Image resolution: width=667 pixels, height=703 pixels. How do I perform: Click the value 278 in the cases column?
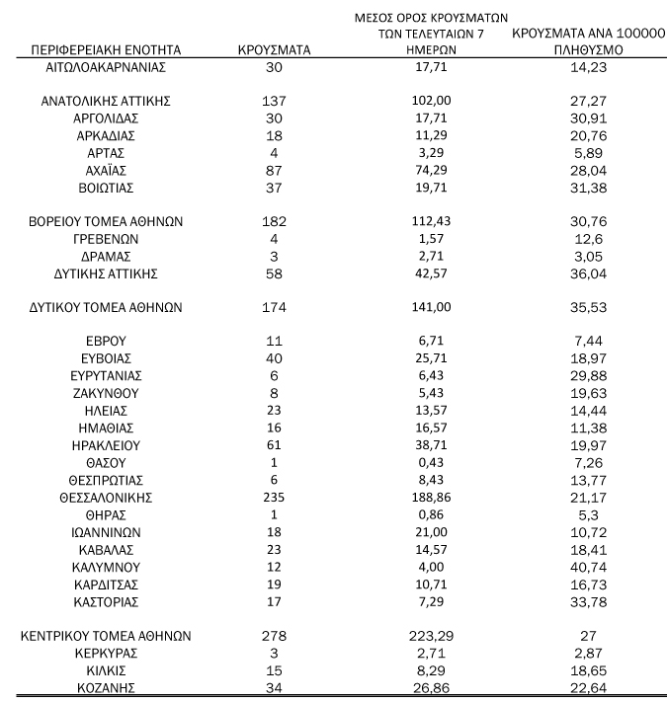274,636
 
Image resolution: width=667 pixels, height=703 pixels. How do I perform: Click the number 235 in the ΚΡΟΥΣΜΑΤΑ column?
274,496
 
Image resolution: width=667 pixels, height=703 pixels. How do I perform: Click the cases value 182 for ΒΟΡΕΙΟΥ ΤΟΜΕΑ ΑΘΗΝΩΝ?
274,220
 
